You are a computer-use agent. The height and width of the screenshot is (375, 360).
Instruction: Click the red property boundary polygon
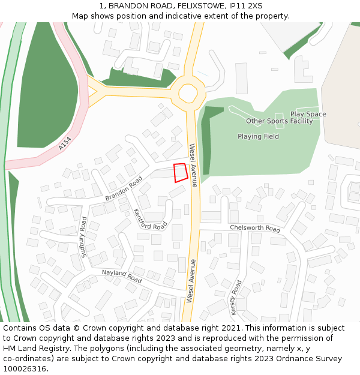click(x=179, y=172)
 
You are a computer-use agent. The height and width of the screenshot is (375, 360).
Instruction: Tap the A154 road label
click(x=65, y=144)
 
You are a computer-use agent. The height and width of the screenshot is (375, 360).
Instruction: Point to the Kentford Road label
click(x=149, y=220)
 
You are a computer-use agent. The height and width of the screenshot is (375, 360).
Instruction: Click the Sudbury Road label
click(x=84, y=235)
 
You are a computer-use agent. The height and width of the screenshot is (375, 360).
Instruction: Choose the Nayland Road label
click(x=122, y=277)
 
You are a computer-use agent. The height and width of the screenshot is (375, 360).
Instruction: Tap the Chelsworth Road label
click(x=255, y=229)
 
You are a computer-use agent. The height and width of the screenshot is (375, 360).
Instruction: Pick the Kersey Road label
click(x=236, y=297)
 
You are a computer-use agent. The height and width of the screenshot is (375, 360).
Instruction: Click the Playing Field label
click(x=258, y=136)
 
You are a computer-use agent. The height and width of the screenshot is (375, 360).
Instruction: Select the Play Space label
click(x=308, y=114)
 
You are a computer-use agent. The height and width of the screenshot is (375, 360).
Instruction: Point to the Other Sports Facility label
click(x=280, y=121)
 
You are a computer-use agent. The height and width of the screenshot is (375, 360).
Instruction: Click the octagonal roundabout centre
click(x=188, y=94)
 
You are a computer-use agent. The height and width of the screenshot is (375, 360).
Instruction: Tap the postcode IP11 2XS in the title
click(x=244, y=5)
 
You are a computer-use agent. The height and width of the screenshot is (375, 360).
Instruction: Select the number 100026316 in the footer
click(x=25, y=369)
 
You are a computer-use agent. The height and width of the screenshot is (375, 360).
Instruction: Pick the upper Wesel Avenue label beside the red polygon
click(x=193, y=165)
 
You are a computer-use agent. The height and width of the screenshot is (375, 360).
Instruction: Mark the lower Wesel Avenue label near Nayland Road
click(x=190, y=280)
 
